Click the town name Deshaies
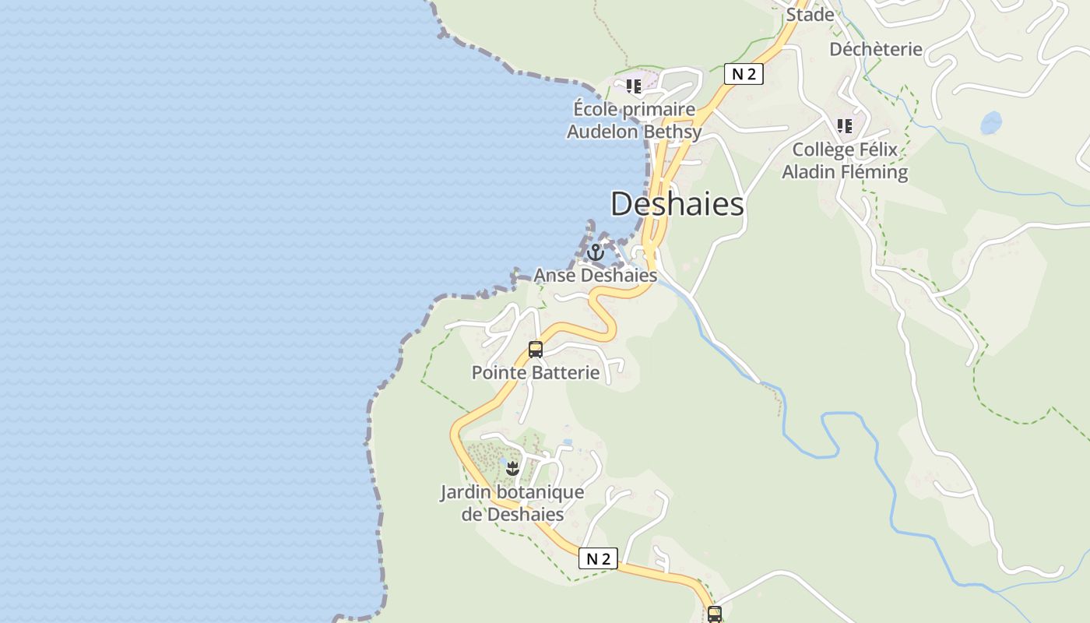click(677, 204)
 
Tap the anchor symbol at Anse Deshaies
click(596, 252)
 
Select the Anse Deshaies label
click(595, 275)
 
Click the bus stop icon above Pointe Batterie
click(536, 350)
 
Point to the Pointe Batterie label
click(536, 372)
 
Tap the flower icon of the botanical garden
click(512, 469)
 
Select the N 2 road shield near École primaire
click(744, 74)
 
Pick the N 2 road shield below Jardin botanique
click(598, 558)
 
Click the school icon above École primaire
click(634, 86)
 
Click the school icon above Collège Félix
click(845, 126)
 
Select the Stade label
click(810, 15)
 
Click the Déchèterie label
click(875, 49)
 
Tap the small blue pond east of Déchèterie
click(990, 122)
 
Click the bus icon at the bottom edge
click(715, 614)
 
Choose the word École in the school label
click(596, 109)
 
